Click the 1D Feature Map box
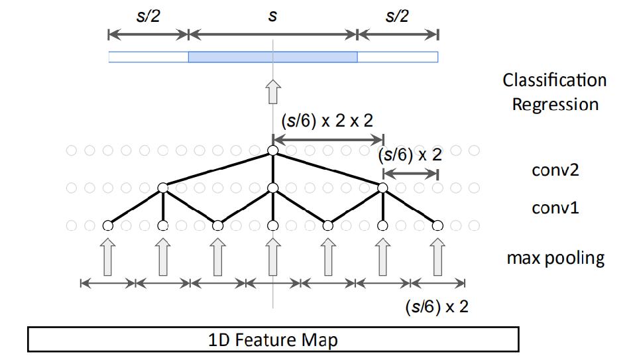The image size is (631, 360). [273, 340]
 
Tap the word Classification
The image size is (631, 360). [554, 81]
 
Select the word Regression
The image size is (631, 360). [555, 105]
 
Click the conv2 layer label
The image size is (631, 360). [555, 170]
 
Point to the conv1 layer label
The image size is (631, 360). [555, 208]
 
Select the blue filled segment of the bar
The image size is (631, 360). [272, 57]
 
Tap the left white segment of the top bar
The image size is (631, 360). [148, 57]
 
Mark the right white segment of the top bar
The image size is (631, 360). [398, 57]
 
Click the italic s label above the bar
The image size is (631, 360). [272, 15]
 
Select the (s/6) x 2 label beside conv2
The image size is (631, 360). [410, 156]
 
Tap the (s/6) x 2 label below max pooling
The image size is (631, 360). [436, 307]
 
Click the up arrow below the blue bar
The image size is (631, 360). [272, 91]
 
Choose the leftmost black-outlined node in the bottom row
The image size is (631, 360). [107, 225]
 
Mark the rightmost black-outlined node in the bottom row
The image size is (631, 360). [437, 225]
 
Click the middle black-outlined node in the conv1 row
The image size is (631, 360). [272, 188]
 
